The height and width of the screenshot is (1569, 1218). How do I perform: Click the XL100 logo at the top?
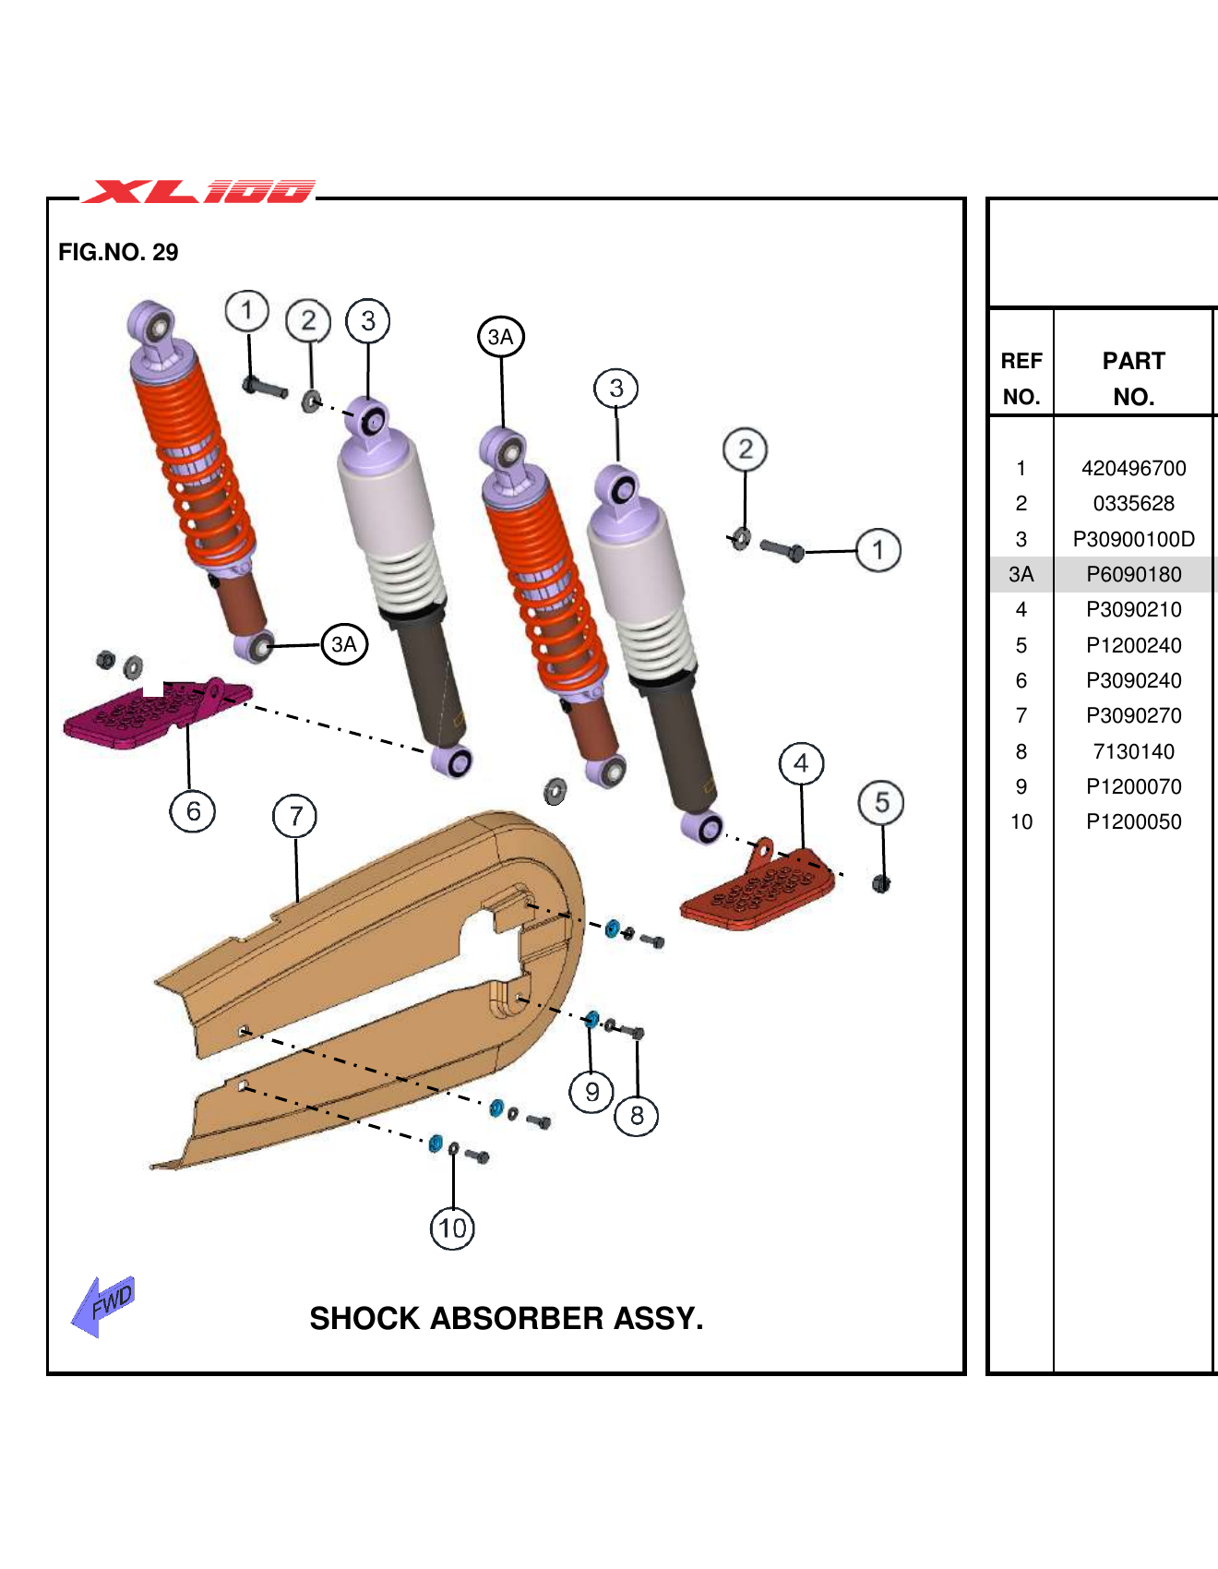point(199,191)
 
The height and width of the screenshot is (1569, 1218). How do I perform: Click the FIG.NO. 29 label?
point(118,252)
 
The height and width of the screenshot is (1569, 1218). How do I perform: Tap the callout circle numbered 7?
point(295,817)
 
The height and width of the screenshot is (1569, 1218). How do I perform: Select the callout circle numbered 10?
point(452,1228)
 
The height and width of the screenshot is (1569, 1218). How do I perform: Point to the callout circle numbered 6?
point(193,811)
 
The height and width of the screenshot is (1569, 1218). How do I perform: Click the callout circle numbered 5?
point(881,803)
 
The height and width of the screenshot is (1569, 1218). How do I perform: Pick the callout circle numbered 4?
point(801,764)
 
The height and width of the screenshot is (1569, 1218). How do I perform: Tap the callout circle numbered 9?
point(591,1093)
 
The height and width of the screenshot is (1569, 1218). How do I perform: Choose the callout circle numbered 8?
point(637,1116)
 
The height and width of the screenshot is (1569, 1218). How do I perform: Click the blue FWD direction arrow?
point(103,1305)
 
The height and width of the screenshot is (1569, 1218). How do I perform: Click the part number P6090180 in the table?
point(1133,574)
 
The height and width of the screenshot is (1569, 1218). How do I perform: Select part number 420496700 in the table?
point(1133,468)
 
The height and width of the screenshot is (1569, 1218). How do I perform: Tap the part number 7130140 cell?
point(1133,751)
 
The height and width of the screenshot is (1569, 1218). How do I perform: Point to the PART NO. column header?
point(1133,378)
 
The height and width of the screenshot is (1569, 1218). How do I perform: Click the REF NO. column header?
point(1021,378)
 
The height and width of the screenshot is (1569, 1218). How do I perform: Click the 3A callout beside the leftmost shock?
point(344,644)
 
